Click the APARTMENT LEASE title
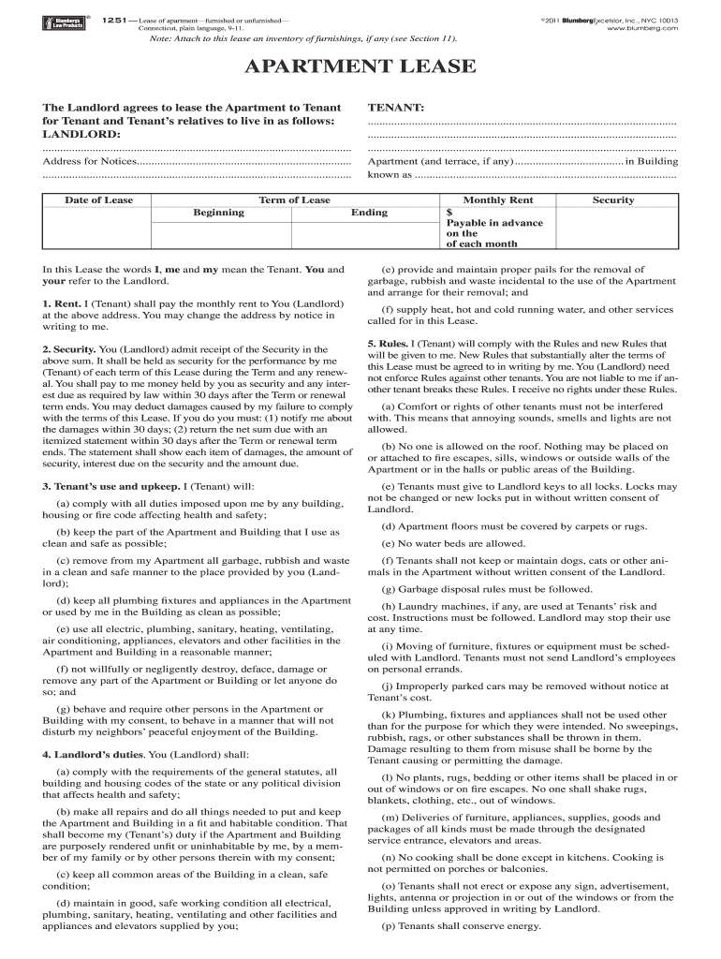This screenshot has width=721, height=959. [360, 67]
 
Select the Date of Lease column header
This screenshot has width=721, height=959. [98, 199]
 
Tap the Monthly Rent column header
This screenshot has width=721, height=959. [498, 199]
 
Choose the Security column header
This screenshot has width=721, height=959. [613, 199]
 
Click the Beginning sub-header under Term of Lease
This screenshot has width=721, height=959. [218, 213]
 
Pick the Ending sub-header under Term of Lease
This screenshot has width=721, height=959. [369, 213]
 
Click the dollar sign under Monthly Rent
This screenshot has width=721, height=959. [449, 213]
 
